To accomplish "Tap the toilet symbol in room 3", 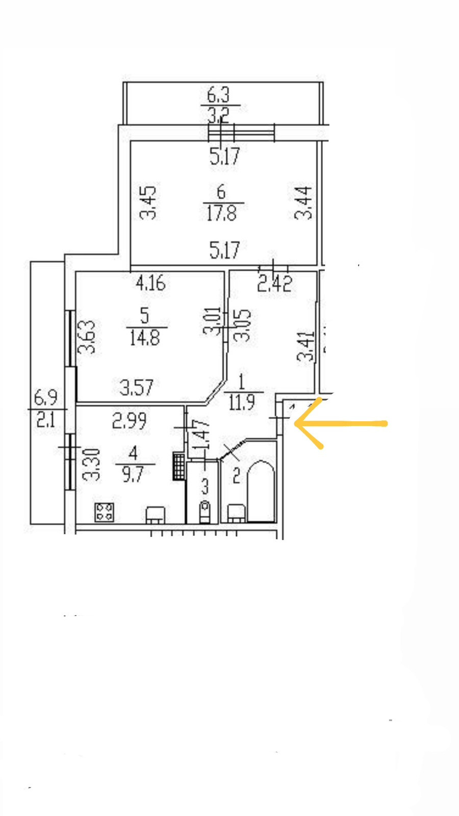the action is pyautogui.click(x=205, y=511).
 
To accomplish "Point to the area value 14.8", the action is pyautogui.click(x=144, y=337).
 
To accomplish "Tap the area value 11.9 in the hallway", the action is pyautogui.click(x=242, y=402).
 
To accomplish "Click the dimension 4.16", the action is pyautogui.click(x=150, y=282).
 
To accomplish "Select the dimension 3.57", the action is pyautogui.click(x=136, y=387).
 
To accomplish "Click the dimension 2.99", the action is pyautogui.click(x=129, y=421).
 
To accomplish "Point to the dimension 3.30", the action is pyautogui.click(x=92, y=465).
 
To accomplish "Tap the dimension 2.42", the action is pyautogui.click(x=274, y=283).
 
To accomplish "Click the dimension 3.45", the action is pyautogui.click(x=148, y=202).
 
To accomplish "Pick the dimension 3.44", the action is pyautogui.click(x=304, y=202).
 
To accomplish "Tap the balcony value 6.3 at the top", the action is pyautogui.click(x=218, y=95).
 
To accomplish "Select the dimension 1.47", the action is pyautogui.click(x=203, y=434).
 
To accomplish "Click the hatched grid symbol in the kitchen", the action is pyautogui.click(x=178, y=466).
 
